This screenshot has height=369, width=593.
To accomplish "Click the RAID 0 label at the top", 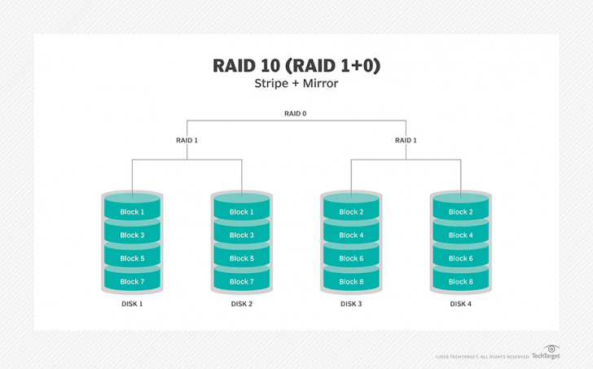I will (x=296, y=114).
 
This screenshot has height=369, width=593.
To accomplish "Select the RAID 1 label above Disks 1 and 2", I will (x=187, y=140).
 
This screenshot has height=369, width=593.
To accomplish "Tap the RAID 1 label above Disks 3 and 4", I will (x=405, y=140).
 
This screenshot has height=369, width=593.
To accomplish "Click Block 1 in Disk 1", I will (x=131, y=212).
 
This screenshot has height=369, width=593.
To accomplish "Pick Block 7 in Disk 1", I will (x=131, y=282).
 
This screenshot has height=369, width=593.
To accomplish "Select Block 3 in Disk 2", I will (x=241, y=235).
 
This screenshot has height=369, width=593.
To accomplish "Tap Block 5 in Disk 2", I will (x=241, y=258).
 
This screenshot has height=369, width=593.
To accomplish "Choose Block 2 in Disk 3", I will (x=350, y=212).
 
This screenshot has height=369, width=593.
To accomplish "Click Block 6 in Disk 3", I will (x=350, y=258).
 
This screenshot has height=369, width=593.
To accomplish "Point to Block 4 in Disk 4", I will (x=460, y=235).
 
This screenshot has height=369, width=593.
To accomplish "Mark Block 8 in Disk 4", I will (x=460, y=282).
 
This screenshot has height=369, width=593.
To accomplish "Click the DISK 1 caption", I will (x=131, y=304).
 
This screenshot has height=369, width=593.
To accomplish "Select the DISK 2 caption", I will (x=241, y=304).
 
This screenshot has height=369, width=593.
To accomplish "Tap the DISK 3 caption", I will (x=350, y=304).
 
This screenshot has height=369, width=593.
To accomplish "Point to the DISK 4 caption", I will (x=460, y=304).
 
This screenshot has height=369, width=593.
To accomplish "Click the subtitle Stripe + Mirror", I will (x=296, y=83).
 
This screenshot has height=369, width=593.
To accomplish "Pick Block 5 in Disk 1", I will (x=131, y=258).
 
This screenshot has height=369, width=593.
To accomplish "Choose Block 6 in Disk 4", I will (x=460, y=258).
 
